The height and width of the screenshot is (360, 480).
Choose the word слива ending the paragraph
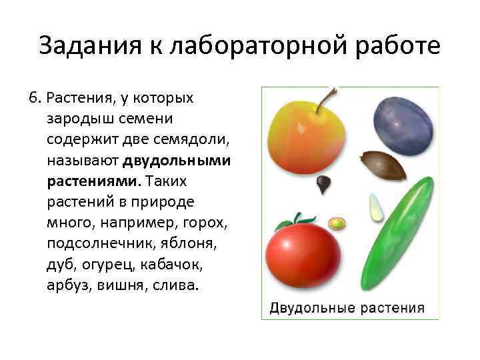[179, 285]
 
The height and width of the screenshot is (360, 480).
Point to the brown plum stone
[383, 165]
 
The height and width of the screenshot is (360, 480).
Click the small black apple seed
[324, 184]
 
